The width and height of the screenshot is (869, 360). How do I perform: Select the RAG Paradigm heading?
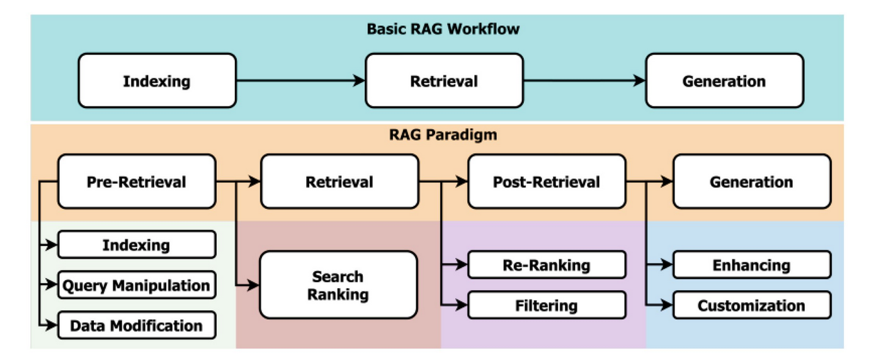click(434, 135)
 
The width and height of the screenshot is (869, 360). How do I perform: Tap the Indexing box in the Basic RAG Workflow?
click(157, 81)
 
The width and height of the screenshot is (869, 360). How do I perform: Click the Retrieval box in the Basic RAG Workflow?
click(444, 81)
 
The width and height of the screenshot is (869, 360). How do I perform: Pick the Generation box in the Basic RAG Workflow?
click(724, 81)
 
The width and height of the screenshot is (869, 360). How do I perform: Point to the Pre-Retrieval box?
click(137, 182)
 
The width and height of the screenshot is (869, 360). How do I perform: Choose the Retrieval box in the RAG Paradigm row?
click(339, 182)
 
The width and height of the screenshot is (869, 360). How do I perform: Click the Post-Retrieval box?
click(547, 182)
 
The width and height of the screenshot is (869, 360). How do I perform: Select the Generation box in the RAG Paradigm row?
click(751, 182)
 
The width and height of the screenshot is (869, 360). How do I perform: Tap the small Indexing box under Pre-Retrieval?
click(137, 245)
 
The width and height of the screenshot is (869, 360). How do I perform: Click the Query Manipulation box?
click(137, 285)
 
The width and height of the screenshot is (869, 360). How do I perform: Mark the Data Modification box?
click(137, 325)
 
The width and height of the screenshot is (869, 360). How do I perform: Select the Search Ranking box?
click(339, 285)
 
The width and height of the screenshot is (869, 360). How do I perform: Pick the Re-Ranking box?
click(547, 265)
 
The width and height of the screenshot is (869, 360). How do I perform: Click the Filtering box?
click(547, 306)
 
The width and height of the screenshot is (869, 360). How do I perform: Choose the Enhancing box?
click(751, 265)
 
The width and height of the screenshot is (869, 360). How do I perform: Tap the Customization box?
click(751, 306)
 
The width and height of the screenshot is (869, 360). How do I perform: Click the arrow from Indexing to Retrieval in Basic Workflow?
click(300, 81)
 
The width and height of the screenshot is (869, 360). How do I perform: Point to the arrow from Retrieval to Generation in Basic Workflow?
click(584, 81)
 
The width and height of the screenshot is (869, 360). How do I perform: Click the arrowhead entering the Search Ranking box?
click(254, 285)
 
